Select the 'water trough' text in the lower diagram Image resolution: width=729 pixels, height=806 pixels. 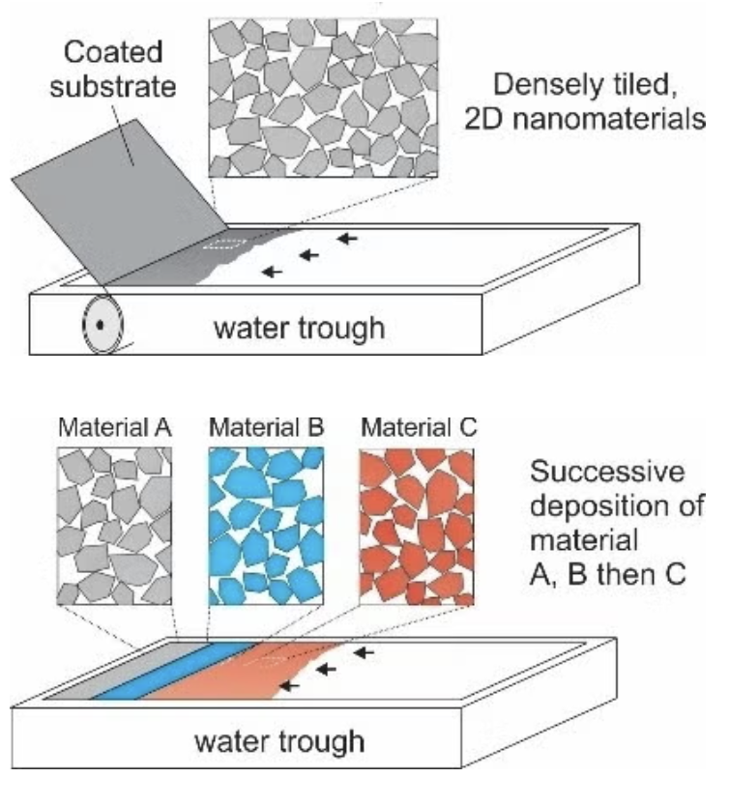280,741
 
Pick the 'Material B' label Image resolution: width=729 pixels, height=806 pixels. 266,427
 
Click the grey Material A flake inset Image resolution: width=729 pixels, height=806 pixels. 114,526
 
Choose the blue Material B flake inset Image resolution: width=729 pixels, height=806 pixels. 266,526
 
